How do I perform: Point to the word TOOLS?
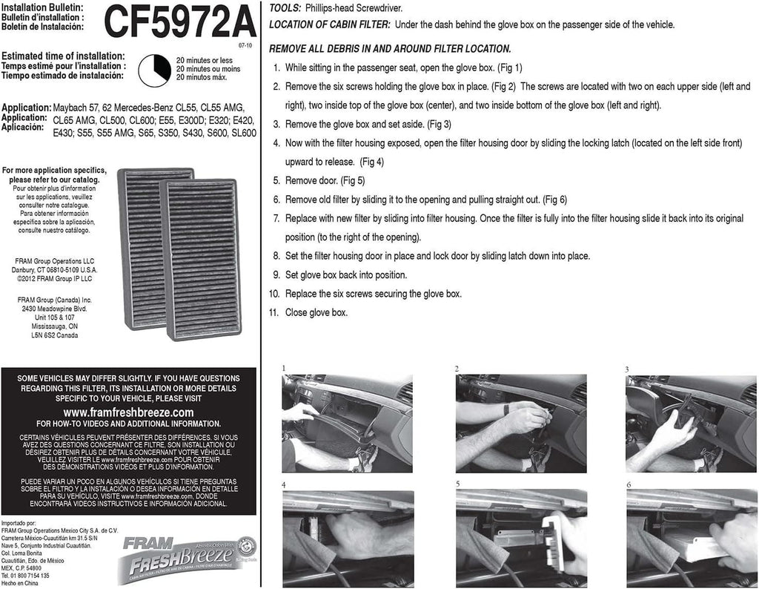(285, 7)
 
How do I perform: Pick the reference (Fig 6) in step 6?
(554, 200)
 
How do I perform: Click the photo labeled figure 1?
(347, 423)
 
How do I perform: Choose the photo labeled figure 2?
(520, 423)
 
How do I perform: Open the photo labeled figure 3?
(692, 423)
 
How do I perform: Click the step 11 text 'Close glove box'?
(316, 313)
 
